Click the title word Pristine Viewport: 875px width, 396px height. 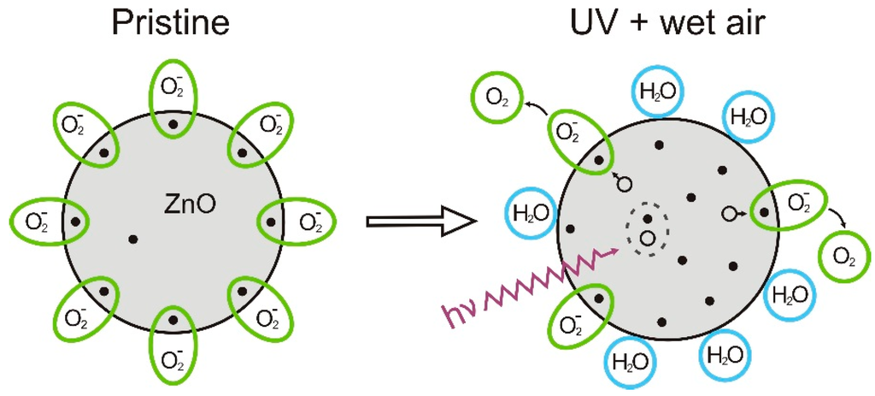pos(173,23)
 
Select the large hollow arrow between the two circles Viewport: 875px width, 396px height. pos(419,222)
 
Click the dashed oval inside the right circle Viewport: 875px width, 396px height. pos(647,228)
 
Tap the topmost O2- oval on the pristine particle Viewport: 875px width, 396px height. pos(173,100)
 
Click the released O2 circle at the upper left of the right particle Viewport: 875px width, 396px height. pos(494,97)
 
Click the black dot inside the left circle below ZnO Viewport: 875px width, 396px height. pos(132,239)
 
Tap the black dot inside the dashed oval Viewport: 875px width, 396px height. pos(647,218)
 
